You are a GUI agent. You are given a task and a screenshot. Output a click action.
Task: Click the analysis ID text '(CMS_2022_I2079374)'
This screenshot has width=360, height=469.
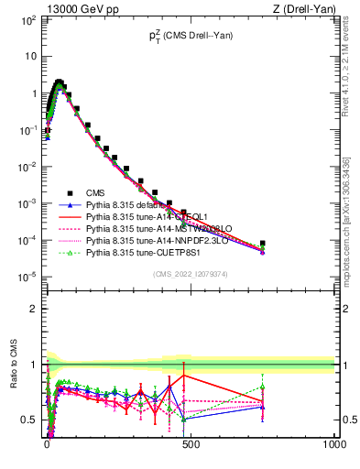pyautogui.click(x=190, y=272)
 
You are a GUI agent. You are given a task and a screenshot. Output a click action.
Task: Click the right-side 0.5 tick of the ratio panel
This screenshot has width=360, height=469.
pyautogui.click(x=348, y=420)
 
